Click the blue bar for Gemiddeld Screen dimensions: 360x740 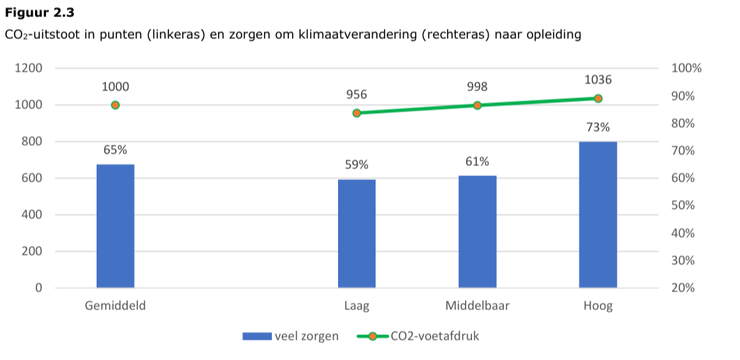coord(115,226)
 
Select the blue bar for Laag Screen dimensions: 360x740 coord(357,234)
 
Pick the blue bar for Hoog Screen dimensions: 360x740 coord(598,214)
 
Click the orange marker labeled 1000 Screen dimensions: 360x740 coord(115,105)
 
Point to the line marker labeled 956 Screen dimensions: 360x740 coord(357,113)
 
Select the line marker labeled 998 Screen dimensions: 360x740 coord(477,105)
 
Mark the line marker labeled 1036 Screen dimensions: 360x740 coord(598,98)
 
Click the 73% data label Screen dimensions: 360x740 coord(598,128)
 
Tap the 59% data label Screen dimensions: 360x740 coord(357,164)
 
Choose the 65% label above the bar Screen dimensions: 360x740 coord(115,150)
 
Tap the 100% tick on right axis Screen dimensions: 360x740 coord(686,69)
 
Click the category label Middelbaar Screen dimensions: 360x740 coord(477,306)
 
